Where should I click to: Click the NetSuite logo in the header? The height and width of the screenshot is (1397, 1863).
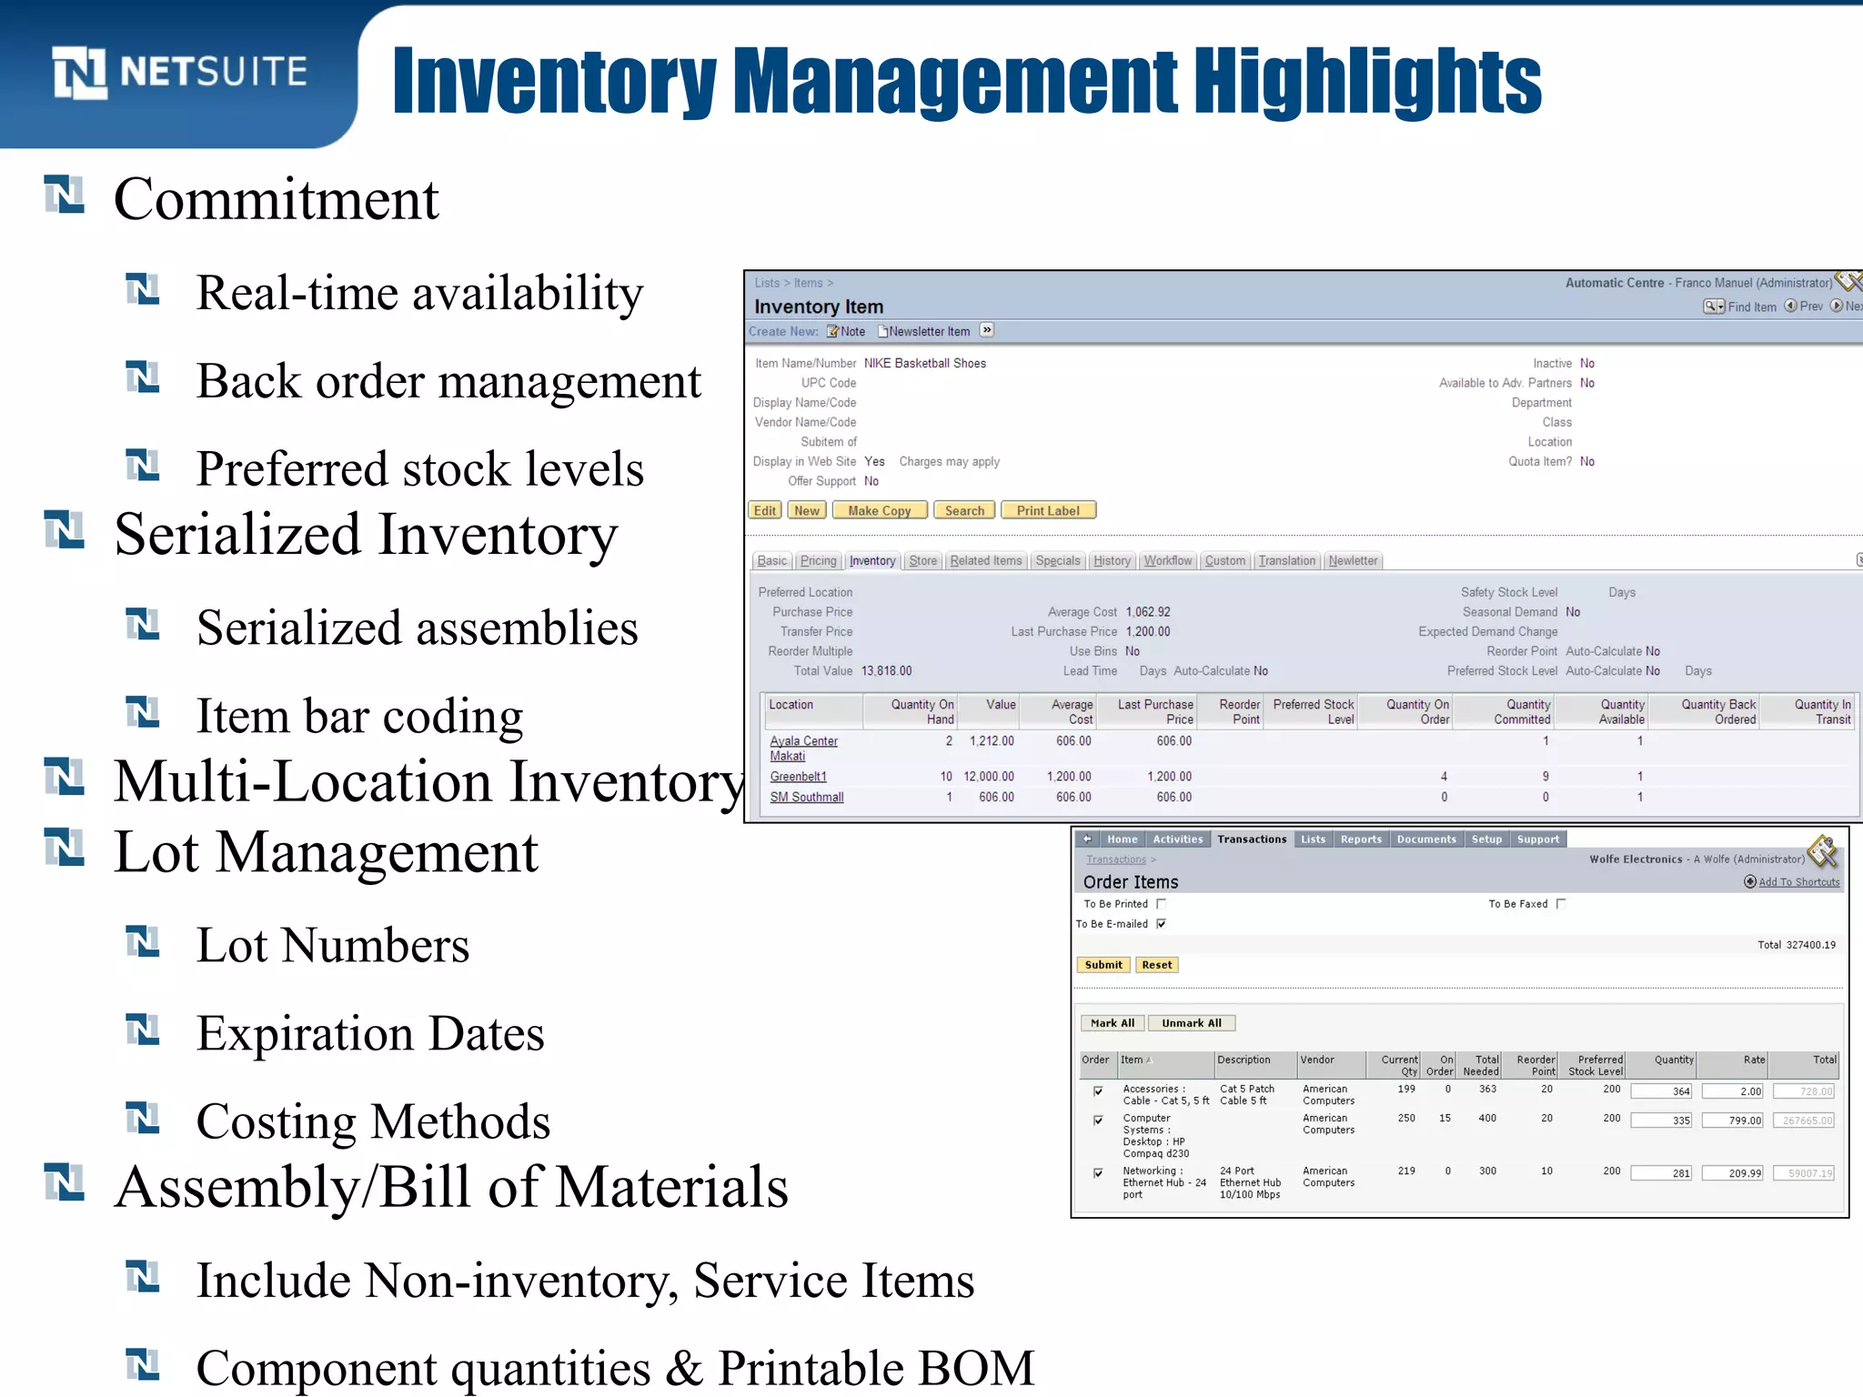(179, 72)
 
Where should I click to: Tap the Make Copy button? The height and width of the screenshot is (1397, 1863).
(879, 510)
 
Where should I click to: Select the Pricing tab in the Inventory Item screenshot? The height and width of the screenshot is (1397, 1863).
(818, 560)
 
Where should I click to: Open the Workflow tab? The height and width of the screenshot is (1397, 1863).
(1167, 560)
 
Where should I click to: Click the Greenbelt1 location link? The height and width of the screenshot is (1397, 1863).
(798, 776)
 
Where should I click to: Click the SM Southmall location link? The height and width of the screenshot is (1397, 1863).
(806, 797)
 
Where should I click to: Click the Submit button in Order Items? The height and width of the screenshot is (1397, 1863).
(1103, 965)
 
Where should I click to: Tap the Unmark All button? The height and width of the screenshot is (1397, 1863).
(1191, 1023)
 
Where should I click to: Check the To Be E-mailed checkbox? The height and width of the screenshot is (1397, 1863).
(1161, 924)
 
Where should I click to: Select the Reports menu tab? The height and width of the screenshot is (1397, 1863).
(1360, 839)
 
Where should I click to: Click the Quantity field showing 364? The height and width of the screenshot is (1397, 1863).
(1661, 1091)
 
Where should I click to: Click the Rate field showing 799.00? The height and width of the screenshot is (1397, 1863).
(1733, 1121)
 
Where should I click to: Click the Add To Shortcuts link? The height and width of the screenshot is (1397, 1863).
(1798, 882)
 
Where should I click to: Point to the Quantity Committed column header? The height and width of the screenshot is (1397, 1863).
(1521, 711)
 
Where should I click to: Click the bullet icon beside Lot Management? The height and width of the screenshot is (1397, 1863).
(65, 847)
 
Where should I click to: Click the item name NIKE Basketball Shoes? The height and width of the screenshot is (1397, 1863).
(924, 363)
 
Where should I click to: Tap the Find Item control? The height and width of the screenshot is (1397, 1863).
(1740, 307)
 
